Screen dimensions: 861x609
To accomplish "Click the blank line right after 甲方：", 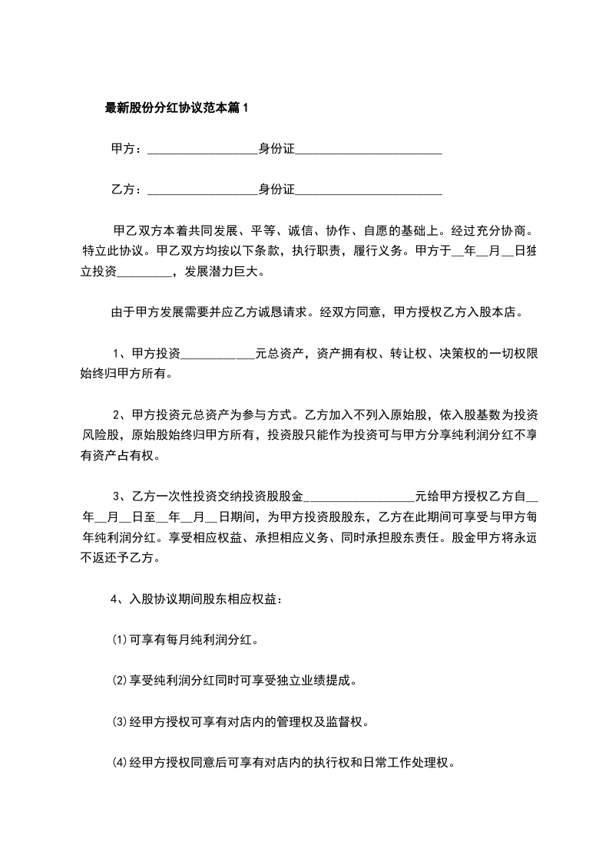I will click(201, 149).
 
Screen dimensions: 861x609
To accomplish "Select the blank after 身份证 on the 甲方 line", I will click(369, 149).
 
